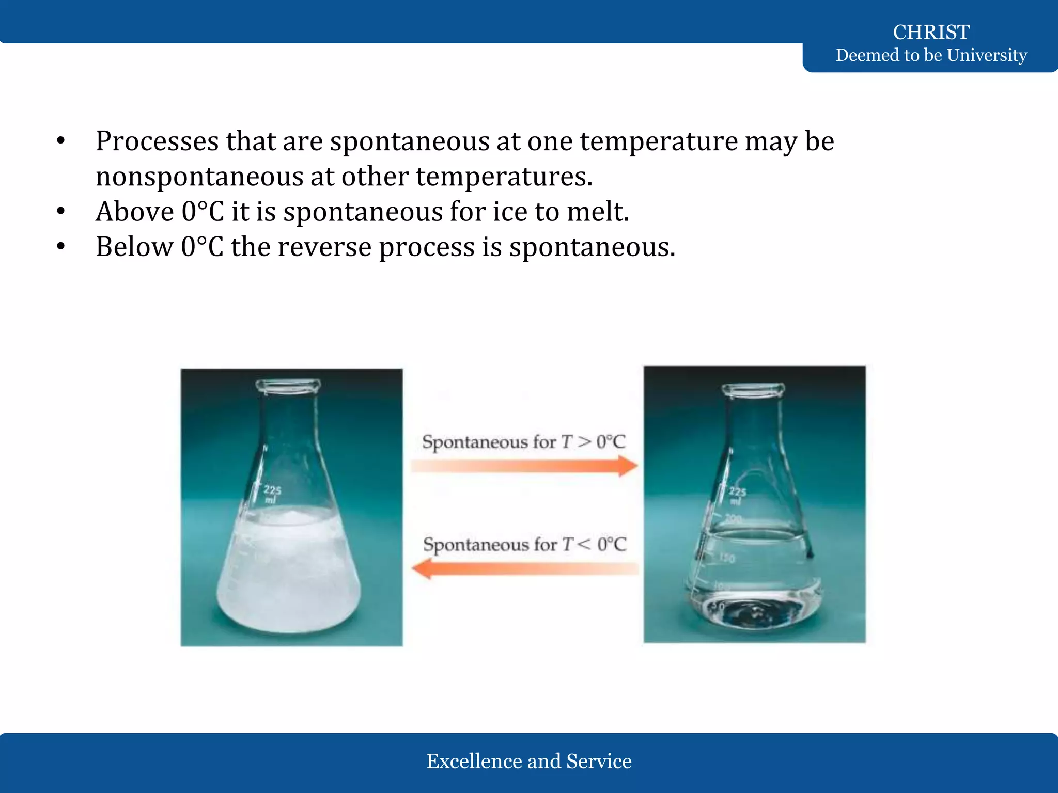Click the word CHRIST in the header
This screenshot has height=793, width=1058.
931,32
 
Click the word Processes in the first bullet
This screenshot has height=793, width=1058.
157,141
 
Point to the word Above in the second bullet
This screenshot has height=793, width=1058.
135,212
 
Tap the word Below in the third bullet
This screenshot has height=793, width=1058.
134,247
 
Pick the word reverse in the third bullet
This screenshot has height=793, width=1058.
324,247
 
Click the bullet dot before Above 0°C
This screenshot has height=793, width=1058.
61,211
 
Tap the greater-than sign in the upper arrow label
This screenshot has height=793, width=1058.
584,442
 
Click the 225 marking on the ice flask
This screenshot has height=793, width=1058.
272,490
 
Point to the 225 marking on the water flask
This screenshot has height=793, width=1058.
737,491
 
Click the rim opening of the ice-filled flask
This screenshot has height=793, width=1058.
288,385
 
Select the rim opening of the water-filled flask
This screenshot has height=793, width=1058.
753,388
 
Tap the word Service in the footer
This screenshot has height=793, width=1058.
599,761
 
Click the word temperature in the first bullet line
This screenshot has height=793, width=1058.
659,141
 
